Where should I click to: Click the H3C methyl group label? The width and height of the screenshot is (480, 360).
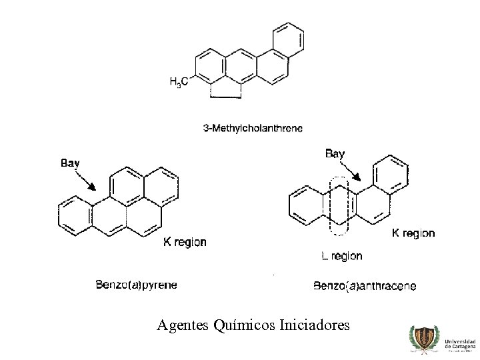pos(181,81)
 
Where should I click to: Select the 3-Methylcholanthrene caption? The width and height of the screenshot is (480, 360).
pos(252,129)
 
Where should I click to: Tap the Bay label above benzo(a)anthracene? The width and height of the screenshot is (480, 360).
pos(335,154)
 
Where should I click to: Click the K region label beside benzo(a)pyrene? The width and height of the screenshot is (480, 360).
pos(185,242)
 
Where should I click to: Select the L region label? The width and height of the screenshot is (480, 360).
pos(341,255)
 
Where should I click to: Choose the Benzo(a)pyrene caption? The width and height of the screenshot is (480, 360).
pos(137,285)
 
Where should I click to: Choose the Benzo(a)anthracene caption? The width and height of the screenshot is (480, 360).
pos(365,286)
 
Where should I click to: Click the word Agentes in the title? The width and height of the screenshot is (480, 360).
pos(183,325)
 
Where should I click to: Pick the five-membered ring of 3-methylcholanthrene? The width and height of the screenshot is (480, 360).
pos(225,89)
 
